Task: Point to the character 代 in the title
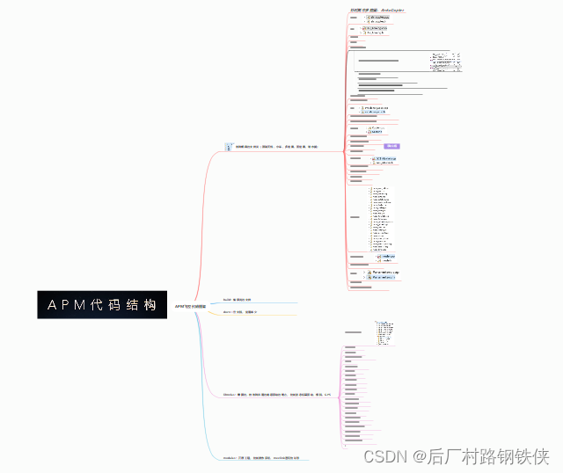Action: click(x=98, y=305)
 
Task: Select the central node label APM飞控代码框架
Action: click(x=190, y=306)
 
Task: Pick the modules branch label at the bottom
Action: click(x=261, y=458)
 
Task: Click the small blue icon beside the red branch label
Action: click(x=229, y=147)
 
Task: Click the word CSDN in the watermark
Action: click(x=382, y=456)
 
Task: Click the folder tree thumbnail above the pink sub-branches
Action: click(x=385, y=332)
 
